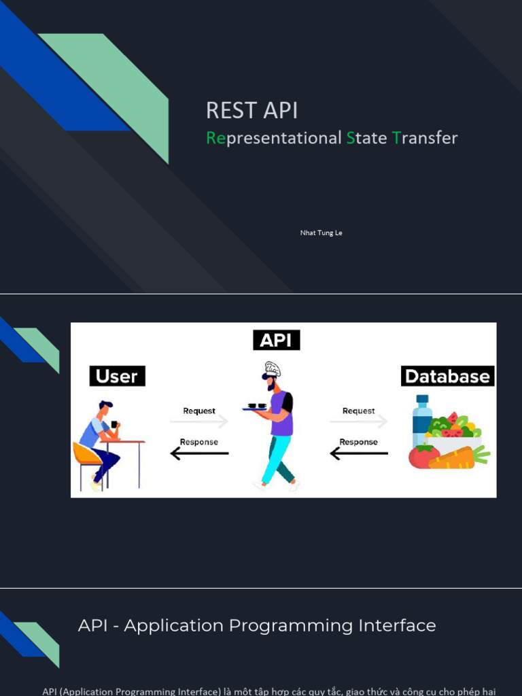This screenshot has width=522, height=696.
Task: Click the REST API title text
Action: coord(251,110)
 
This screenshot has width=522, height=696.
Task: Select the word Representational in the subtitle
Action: coord(273,138)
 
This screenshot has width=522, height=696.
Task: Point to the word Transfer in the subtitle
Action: coord(425,138)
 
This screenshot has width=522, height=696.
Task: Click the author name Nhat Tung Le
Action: coord(321,233)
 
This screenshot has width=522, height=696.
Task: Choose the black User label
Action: coord(117,376)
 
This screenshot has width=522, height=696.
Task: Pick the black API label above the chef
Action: coord(276,340)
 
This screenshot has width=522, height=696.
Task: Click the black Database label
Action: coord(447,376)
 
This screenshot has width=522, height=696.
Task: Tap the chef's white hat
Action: coord(272,369)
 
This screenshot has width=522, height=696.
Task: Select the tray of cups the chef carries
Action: coord(257,406)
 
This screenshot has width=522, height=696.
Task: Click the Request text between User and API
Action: coord(198,411)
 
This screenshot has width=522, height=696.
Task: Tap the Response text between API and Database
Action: coord(358,442)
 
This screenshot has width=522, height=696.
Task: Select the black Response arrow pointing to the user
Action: coord(199,453)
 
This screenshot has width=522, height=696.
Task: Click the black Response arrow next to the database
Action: coord(359,453)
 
